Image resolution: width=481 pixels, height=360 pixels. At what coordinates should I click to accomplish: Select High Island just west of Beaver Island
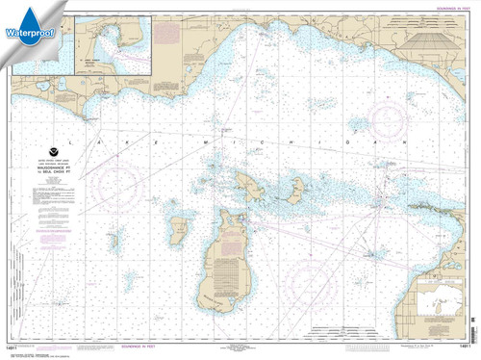(x=178, y=230)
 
